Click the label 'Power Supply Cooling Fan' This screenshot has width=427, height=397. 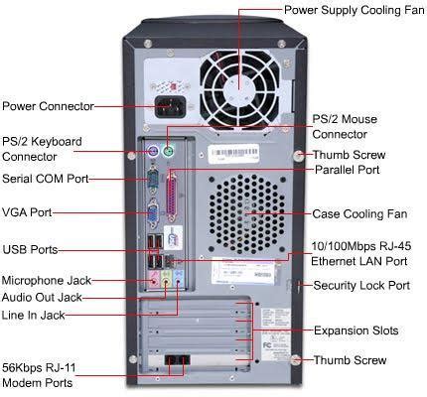[354, 9]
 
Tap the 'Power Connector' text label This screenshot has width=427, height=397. [47, 105]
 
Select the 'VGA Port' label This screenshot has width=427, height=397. [27, 211]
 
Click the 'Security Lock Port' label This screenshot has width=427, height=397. [360, 285]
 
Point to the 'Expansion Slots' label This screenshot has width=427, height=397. [355, 330]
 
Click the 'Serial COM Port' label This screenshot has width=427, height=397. [45, 180]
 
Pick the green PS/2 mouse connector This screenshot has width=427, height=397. [169, 152]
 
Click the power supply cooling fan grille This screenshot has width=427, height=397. [241, 80]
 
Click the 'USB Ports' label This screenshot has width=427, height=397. [30, 248]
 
